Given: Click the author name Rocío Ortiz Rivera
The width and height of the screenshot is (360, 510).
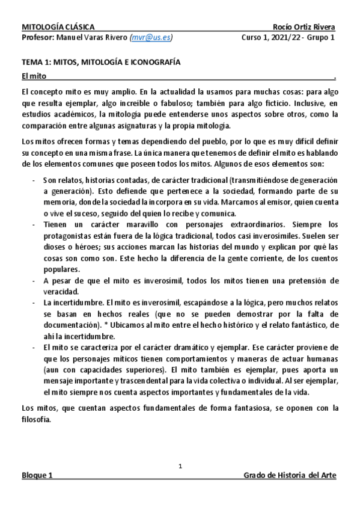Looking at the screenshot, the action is [x=304, y=27].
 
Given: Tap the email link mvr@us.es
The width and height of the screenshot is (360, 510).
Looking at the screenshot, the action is [x=151, y=37].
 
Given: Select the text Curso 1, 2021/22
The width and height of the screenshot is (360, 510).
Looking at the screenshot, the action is [x=266, y=37].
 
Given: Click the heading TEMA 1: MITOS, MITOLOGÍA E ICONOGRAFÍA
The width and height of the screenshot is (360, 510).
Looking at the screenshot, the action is [x=101, y=62].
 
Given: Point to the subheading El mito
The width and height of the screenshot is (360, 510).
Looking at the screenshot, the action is [x=34, y=76].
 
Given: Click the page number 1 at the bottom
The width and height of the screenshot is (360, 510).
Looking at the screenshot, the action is [x=180, y=465].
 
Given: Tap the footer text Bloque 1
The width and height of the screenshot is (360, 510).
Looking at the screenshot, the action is [x=37, y=475].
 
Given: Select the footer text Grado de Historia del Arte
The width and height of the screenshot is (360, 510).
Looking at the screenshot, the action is [x=290, y=475].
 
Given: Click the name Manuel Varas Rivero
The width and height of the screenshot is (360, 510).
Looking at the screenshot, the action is [x=91, y=37].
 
